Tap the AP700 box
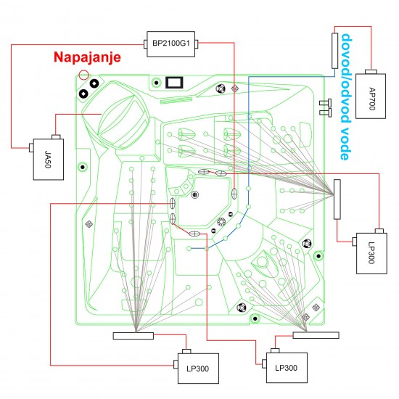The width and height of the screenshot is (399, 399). pos(373,91)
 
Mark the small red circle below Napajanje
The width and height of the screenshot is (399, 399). pos(84,75)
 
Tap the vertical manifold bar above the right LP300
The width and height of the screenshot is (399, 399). pos(337,199)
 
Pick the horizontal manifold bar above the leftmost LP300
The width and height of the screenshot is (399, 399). pos(133,335)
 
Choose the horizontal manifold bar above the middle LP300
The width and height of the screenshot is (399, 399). pos(316,334)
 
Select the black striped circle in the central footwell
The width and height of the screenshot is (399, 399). pos(194,194)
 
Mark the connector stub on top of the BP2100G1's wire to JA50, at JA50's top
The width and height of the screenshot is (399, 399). pos(57,135)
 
